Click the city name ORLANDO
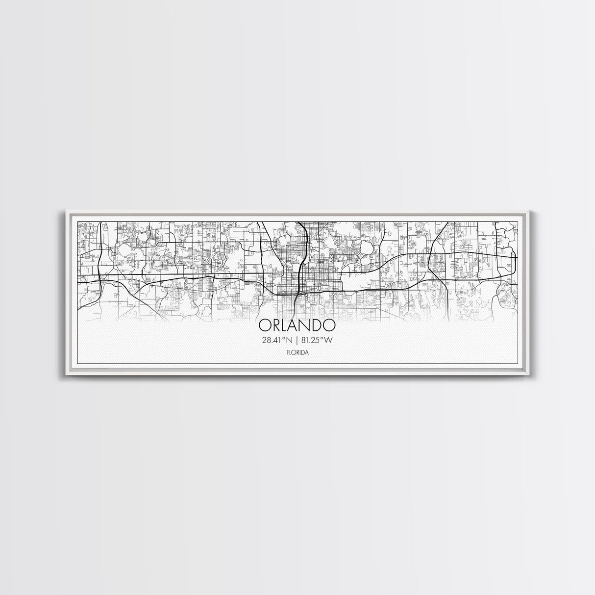click(297, 325)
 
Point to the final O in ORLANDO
click(329, 325)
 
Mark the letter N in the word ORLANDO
click(306, 325)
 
